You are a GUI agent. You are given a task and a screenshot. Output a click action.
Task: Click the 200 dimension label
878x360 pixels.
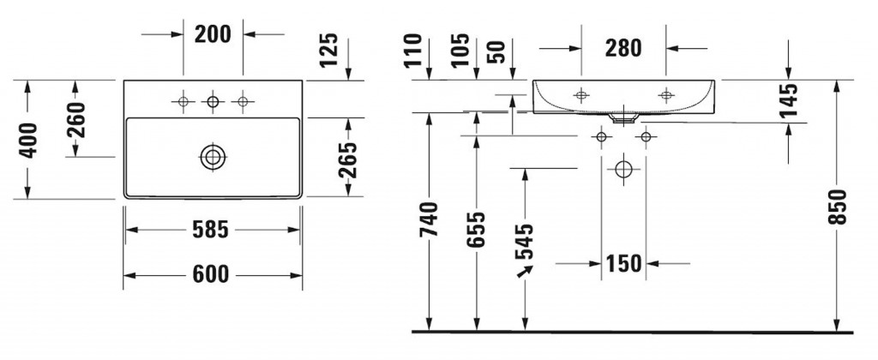coord(213,34)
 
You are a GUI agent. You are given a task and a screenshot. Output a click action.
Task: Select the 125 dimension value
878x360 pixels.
coord(332,52)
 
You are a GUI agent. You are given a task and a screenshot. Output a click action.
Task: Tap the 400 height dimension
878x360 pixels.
coord(28,139)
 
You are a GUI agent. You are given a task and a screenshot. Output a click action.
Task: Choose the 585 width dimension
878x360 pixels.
coord(211,230)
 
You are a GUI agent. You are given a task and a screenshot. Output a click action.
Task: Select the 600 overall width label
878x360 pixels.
coord(211,274)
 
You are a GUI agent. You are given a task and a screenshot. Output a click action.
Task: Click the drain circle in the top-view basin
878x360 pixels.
coord(212,157)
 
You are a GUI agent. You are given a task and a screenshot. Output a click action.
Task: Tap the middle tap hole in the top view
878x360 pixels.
coord(213,103)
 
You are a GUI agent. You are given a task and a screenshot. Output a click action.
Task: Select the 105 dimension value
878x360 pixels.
coord(461,51)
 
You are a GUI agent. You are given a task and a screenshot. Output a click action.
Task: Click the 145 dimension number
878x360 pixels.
coord(789,100)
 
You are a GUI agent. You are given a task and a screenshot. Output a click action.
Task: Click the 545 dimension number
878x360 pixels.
coord(525,243)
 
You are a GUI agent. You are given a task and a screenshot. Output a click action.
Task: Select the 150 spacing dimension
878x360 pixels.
coord(623,264)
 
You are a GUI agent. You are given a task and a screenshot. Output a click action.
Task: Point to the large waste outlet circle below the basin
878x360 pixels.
coord(623,168)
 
